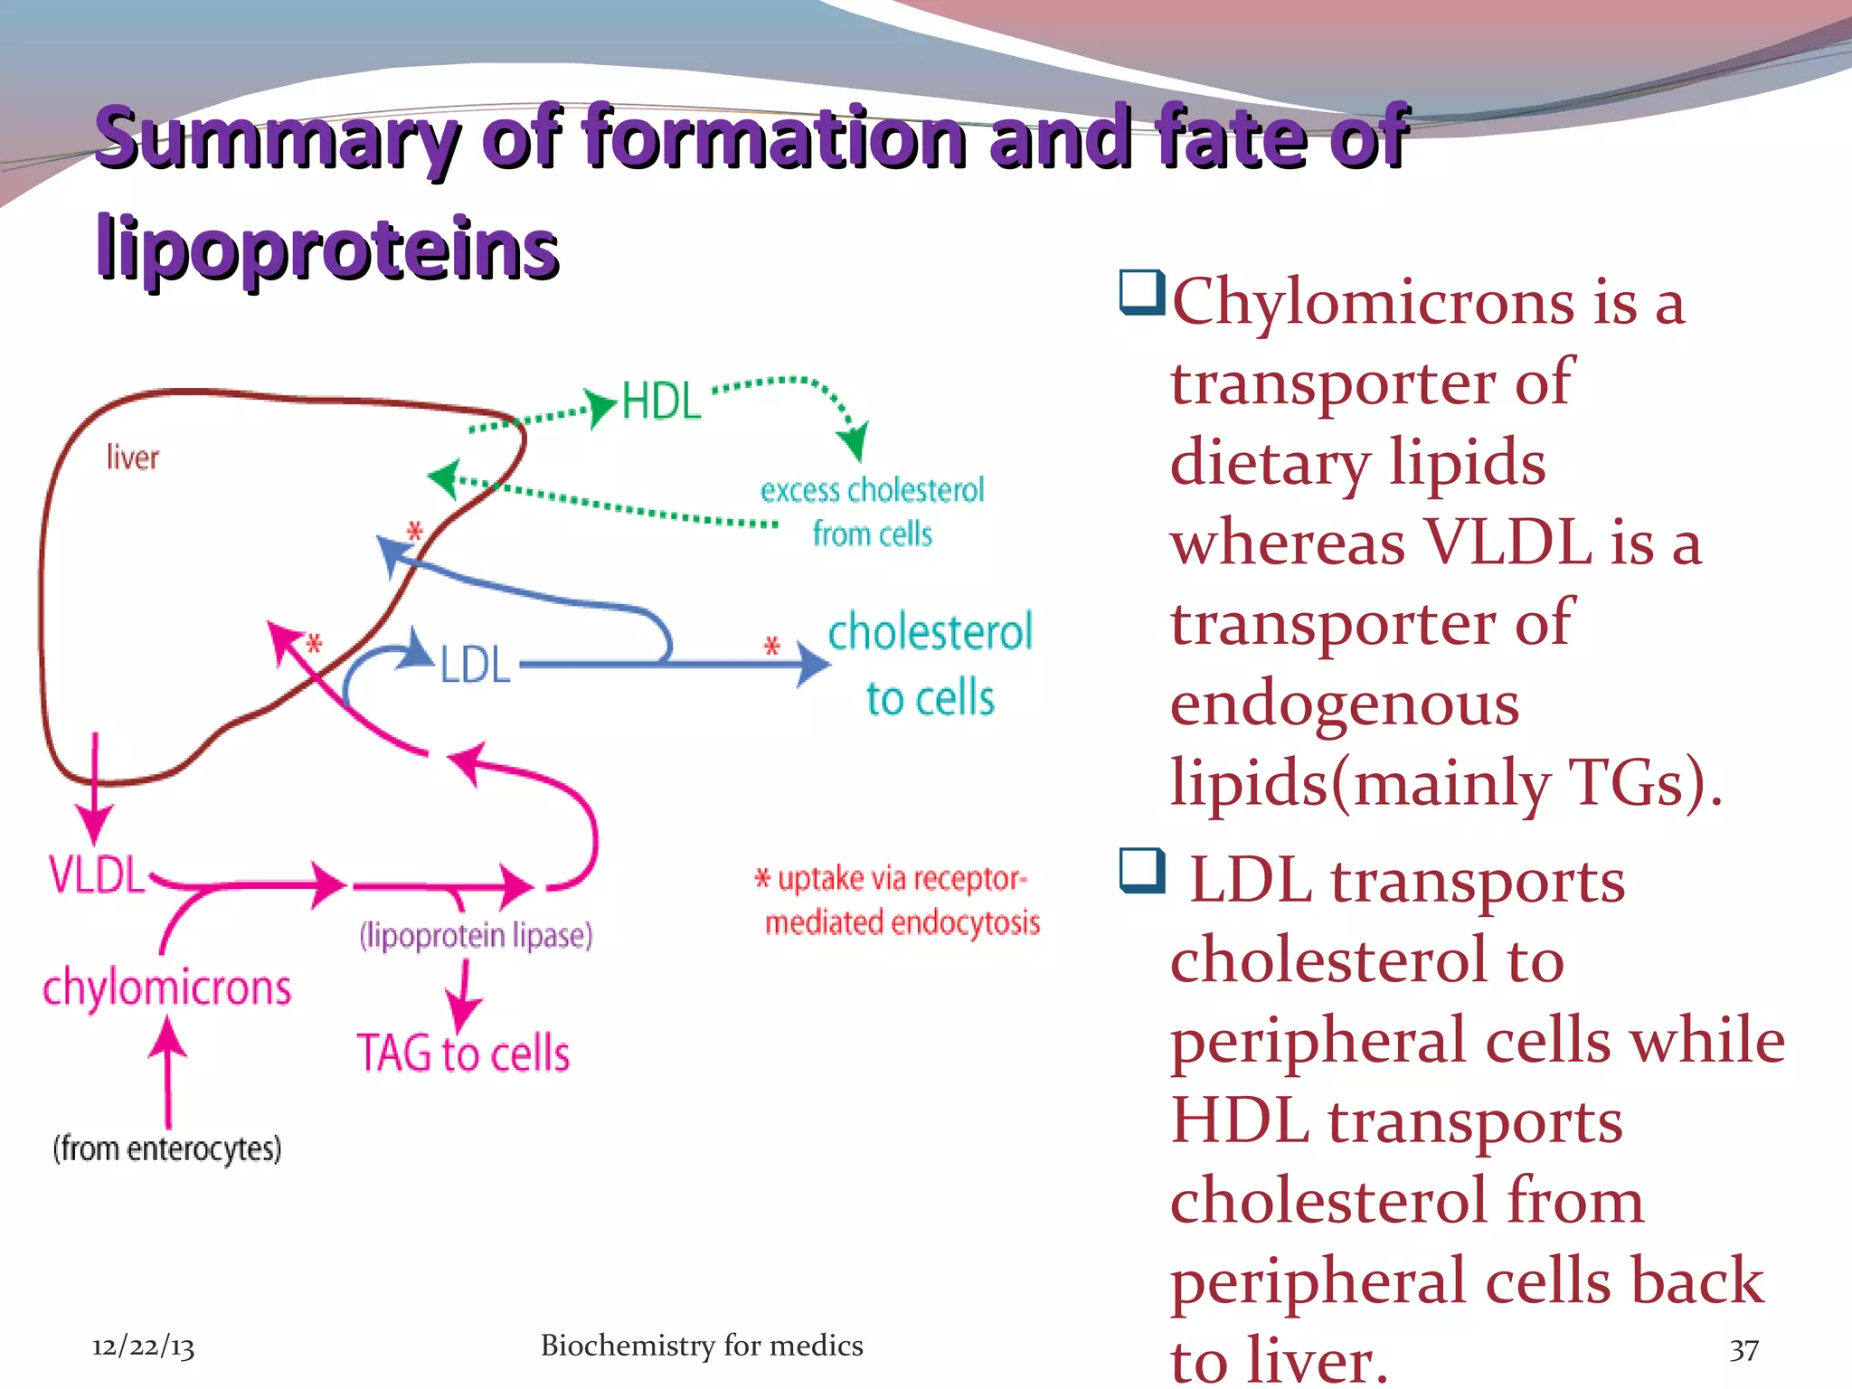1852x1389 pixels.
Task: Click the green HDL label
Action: (x=661, y=402)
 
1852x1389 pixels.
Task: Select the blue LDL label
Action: (x=476, y=665)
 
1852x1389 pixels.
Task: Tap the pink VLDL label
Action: (x=96, y=874)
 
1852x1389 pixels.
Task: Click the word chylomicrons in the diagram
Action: (x=167, y=987)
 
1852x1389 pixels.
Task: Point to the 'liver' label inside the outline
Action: (x=132, y=458)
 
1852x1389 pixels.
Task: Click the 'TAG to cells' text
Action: (x=463, y=1054)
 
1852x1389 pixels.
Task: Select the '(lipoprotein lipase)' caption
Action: (x=476, y=935)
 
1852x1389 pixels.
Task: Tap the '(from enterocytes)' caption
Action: (x=167, y=1148)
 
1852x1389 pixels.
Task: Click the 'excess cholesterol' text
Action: (x=872, y=490)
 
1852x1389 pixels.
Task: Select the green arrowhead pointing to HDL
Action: (x=600, y=408)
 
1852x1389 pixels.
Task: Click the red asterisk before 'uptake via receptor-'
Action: (x=762, y=879)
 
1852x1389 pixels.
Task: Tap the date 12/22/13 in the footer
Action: (x=143, y=1346)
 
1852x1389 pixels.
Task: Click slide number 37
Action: (x=1743, y=1350)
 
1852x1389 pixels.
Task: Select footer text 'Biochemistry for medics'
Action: (x=702, y=1346)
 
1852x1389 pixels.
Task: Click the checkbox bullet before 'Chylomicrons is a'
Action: (x=1141, y=292)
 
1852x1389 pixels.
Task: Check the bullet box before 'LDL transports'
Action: (x=1141, y=870)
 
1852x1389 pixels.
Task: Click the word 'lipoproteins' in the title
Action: (x=327, y=248)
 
